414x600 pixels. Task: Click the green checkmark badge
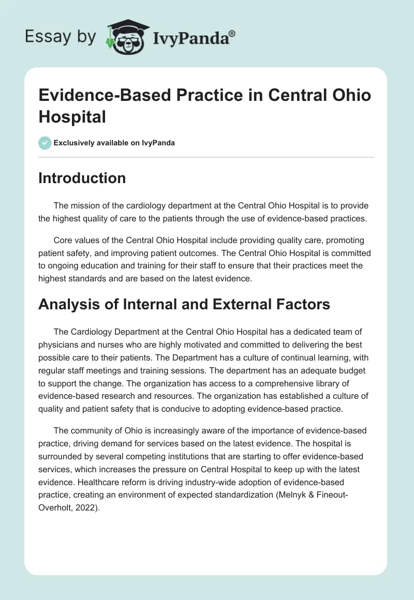tap(45, 143)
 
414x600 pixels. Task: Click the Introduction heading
tap(82, 178)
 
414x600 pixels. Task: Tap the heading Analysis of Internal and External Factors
tap(184, 304)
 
